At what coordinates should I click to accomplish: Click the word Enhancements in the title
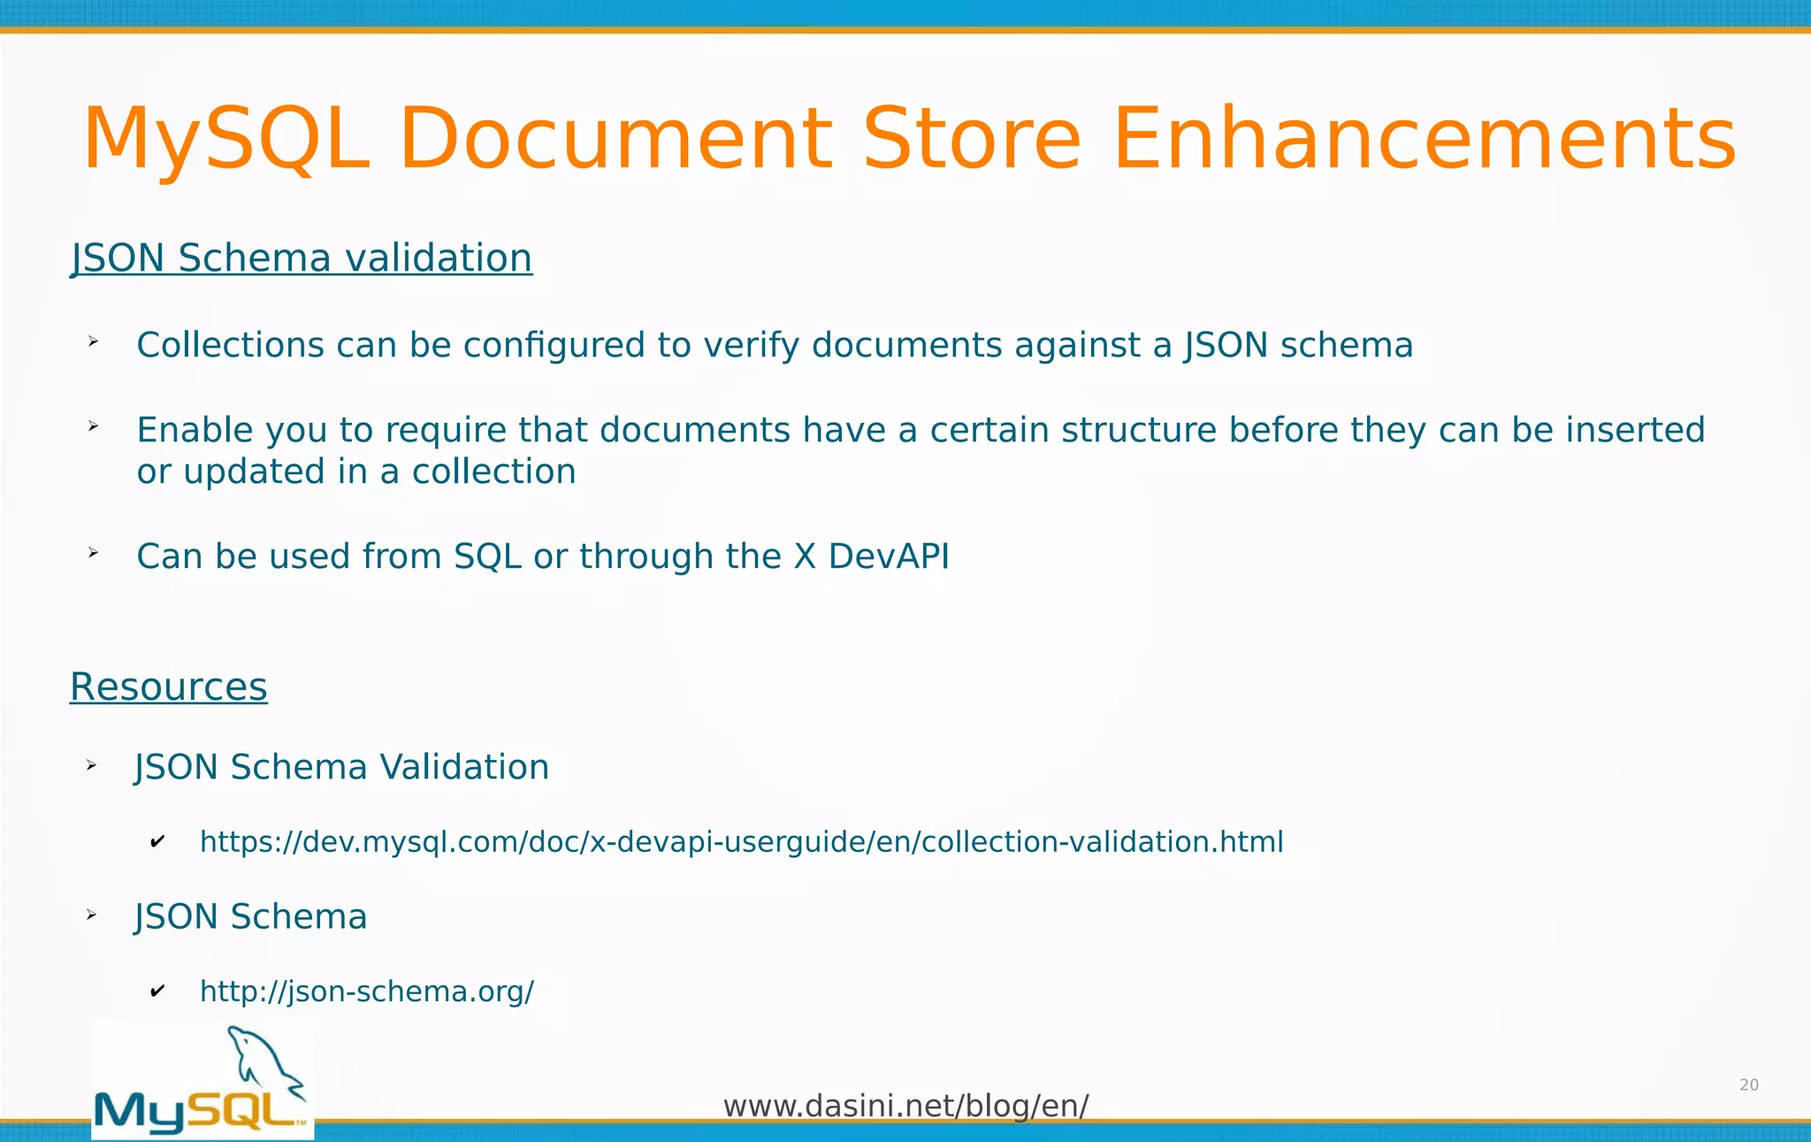(1424, 139)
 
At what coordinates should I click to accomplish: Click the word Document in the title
(615, 139)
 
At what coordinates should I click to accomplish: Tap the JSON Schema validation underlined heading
(302, 258)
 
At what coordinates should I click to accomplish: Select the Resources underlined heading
(168, 687)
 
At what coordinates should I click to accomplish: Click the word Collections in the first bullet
(230, 345)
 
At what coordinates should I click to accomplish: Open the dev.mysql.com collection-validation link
(741, 841)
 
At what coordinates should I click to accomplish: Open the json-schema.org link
(367, 992)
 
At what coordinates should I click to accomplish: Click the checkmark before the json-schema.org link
(157, 992)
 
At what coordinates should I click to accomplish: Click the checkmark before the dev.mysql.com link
(157, 841)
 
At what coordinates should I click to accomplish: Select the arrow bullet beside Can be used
(93, 554)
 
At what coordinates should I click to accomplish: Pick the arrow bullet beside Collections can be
(93, 341)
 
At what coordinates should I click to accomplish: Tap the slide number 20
(1748, 1085)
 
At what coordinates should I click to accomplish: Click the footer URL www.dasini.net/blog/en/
(905, 1106)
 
